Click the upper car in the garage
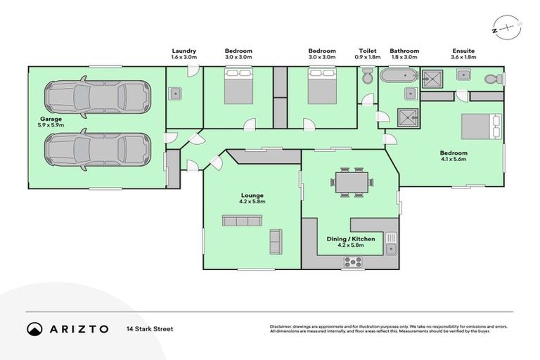(x=96, y=97)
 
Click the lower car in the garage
(x=96, y=148)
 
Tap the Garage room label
(x=50, y=122)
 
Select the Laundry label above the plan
(x=184, y=54)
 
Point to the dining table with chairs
(x=349, y=182)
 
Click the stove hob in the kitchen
(x=352, y=262)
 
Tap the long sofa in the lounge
(x=242, y=220)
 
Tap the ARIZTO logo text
(x=77, y=328)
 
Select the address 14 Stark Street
(x=150, y=328)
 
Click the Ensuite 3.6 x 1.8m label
(x=463, y=54)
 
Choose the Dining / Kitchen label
(x=351, y=243)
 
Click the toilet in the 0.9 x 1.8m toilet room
(x=367, y=75)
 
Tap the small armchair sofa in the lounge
(x=275, y=241)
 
